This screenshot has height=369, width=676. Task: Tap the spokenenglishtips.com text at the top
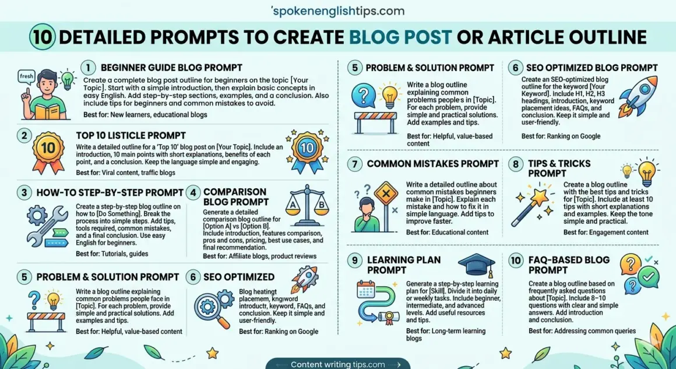[x=337, y=11]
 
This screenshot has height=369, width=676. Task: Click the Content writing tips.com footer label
[x=337, y=364]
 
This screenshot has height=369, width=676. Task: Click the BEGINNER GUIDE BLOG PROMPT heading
[x=171, y=68]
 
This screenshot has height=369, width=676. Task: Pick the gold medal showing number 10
[x=48, y=148]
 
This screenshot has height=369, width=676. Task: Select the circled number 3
[x=24, y=192]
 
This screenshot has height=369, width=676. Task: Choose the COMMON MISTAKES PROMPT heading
[x=432, y=164]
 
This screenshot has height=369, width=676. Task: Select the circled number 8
[x=515, y=164]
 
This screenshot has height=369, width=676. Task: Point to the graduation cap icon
[x=476, y=266]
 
